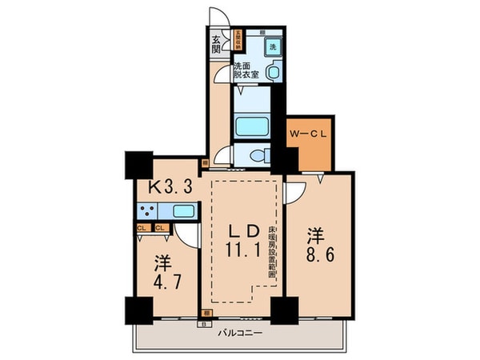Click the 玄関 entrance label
pos(216,44)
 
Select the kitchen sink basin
pos(183,212)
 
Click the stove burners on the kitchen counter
pos(147,212)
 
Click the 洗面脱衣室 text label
pos(246,70)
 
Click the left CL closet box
pos(142,228)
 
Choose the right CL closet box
pos(158,228)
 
